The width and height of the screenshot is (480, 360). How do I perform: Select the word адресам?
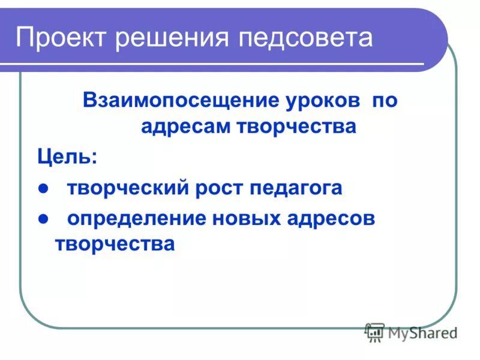coord(183,127)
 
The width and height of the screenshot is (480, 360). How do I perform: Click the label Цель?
coord(67,158)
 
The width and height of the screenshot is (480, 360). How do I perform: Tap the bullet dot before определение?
coord(43,219)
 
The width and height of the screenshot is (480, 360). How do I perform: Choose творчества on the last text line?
coord(115,244)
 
